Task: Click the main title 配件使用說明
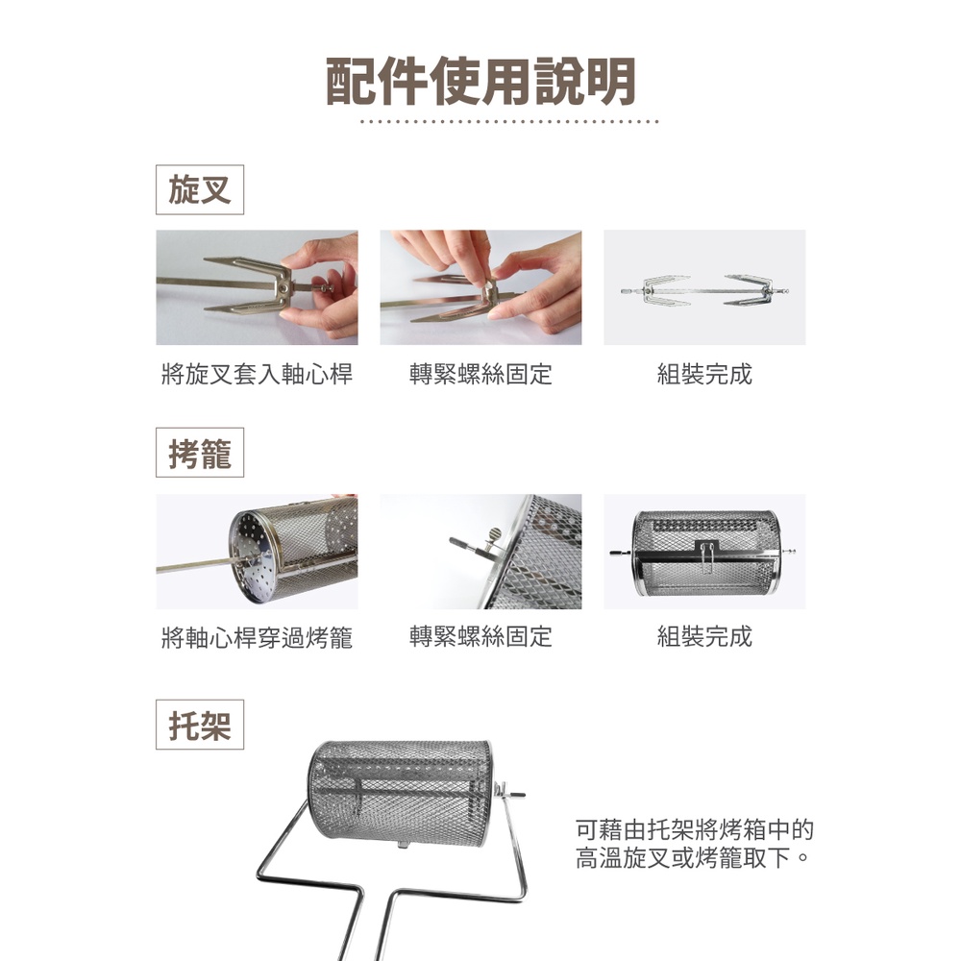pos(480,82)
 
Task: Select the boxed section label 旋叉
pos(200,189)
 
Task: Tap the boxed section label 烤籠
pos(200,453)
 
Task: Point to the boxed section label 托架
pos(200,725)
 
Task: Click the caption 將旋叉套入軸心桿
pos(257,374)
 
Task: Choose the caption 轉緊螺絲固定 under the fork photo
pos(480,374)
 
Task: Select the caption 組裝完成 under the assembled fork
pos(704,374)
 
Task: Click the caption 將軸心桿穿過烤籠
pos(257,637)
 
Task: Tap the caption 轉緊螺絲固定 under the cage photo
pos(480,637)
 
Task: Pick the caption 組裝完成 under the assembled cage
pos(704,637)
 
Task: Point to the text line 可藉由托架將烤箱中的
pos(695,829)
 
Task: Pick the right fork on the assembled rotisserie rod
pos(747,290)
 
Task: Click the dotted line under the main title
pos(509,121)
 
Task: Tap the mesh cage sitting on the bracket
pos(402,792)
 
